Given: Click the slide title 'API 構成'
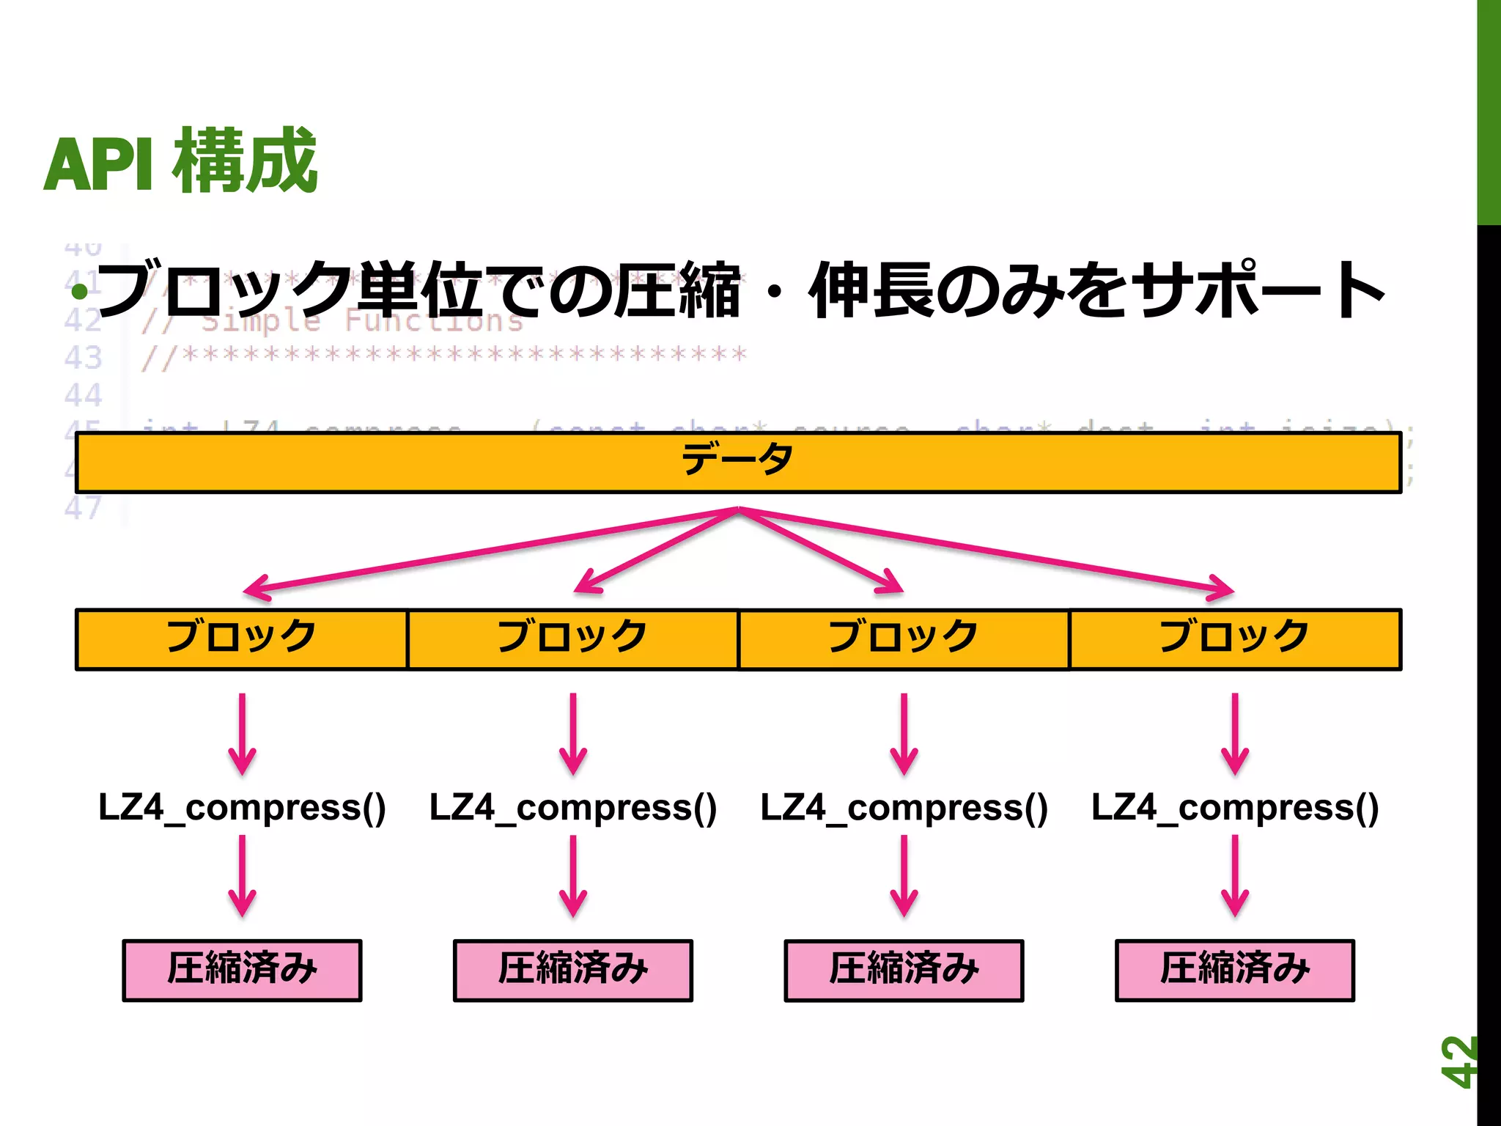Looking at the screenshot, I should click(180, 161).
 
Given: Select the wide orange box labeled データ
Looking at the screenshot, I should click(738, 463).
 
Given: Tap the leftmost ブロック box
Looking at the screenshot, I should click(241, 639).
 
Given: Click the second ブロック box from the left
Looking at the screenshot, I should click(572, 639).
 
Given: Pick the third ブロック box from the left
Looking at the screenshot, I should click(904, 639).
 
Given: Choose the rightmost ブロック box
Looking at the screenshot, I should click(1235, 639).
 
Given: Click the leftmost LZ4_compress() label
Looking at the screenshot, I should click(242, 807).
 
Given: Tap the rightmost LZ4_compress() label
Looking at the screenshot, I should click(1235, 807).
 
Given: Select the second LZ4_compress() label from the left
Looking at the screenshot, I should click(573, 807).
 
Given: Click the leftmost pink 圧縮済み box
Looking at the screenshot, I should click(242, 970).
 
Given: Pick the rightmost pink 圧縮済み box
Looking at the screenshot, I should click(1235, 970).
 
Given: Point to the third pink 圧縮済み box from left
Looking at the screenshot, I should click(904, 970).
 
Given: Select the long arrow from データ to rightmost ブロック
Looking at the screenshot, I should click(986, 549).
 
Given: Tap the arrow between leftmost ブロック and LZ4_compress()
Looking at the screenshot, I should click(242, 733).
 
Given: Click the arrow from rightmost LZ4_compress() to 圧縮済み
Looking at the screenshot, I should click(1235, 875).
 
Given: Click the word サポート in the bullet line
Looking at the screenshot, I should click(1261, 290).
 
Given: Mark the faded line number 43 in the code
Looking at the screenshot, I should click(83, 358).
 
